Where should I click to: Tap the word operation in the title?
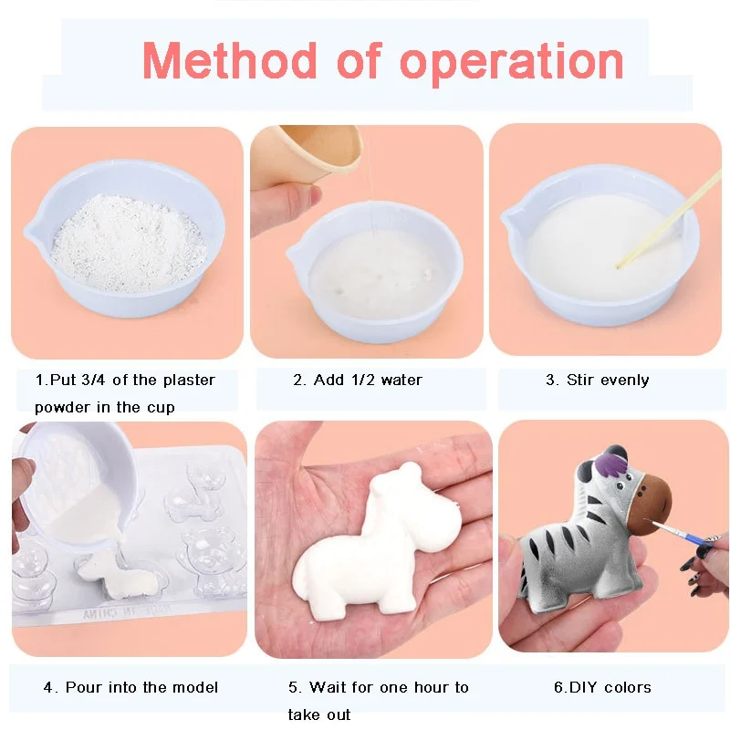pos(511,64)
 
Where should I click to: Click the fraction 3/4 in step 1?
pos(93,380)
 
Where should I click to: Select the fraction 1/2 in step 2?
pos(362,380)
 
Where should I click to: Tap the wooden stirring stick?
pos(669,219)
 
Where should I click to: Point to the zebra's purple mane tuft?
pos(610,467)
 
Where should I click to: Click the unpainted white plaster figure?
pos(377,542)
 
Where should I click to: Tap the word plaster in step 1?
pos(189,380)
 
